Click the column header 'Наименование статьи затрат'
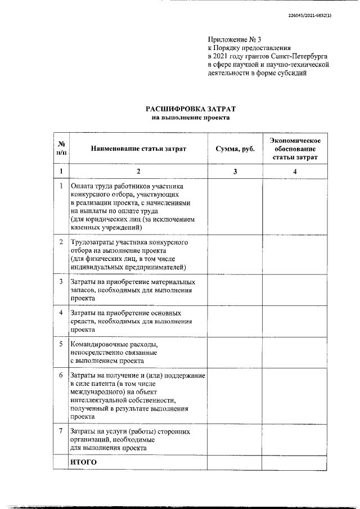[138, 148]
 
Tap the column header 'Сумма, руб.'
[235, 148]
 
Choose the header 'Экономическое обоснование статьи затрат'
[295, 148]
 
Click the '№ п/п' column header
[61, 148]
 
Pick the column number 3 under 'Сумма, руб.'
[235, 171]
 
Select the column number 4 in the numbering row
[295, 171]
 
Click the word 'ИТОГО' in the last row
[84, 462]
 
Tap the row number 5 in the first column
[61, 343]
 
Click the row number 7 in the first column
[61, 431]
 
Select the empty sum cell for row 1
[235, 206]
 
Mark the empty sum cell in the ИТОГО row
[235, 462]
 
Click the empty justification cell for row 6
[295, 396]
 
